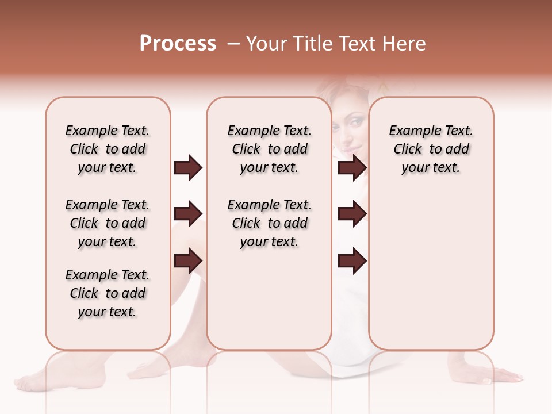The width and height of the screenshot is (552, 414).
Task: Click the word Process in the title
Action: (x=178, y=43)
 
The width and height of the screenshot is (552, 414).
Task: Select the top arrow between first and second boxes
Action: (x=188, y=168)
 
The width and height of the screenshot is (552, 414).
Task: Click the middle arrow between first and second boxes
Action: (x=188, y=214)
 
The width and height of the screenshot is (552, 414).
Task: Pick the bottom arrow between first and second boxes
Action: (x=188, y=261)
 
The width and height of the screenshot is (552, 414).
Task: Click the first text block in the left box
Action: (x=108, y=149)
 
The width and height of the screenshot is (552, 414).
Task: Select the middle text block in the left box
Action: (x=108, y=223)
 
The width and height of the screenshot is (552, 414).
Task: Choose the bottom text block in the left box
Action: (x=108, y=293)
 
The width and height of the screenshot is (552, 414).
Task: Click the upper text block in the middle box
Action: (x=269, y=149)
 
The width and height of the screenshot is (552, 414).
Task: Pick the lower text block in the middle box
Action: (x=269, y=223)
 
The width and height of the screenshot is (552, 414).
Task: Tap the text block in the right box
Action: (x=431, y=149)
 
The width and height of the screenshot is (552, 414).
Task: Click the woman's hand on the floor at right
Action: (x=503, y=377)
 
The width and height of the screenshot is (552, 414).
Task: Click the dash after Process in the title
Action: (x=233, y=44)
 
